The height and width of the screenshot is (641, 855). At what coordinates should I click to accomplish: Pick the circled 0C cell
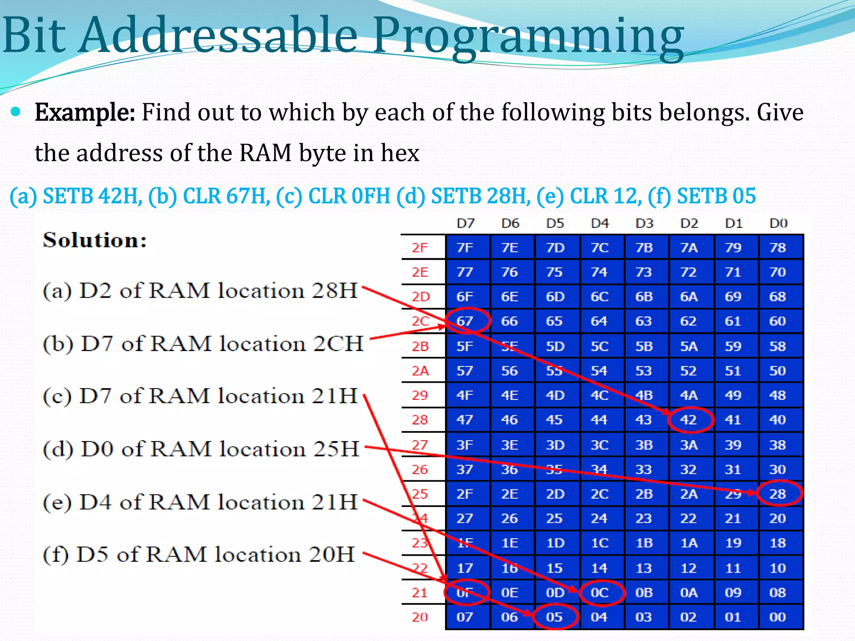pyautogui.click(x=600, y=593)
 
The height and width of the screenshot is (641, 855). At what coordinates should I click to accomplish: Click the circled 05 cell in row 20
pyautogui.click(x=555, y=617)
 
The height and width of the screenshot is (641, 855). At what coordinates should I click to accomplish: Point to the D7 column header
pyautogui.click(x=466, y=224)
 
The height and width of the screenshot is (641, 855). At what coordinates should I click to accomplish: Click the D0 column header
pyautogui.click(x=778, y=224)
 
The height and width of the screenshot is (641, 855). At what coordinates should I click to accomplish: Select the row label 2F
pyautogui.click(x=420, y=248)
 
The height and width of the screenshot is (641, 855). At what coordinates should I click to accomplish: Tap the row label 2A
pyautogui.click(x=420, y=371)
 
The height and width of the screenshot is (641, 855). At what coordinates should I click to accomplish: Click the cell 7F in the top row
pyautogui.click(x=465, y=248)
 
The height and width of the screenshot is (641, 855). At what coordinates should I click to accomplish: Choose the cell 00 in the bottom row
pyautogui.click(x=778, y=617)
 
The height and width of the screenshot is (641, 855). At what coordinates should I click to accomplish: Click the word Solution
pyautogui.click(x=95, y=240)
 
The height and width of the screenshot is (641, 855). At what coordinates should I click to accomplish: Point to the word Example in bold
pyautogui.click(x=85, y=113)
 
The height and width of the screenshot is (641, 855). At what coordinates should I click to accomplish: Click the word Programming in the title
pyautogui.click(x=528, y=37)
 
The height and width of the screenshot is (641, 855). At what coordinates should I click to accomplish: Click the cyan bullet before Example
pyautogui.click(x=16, y=112)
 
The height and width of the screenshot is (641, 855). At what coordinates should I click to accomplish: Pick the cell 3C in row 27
pyautogui.click(x=600, y=445)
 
